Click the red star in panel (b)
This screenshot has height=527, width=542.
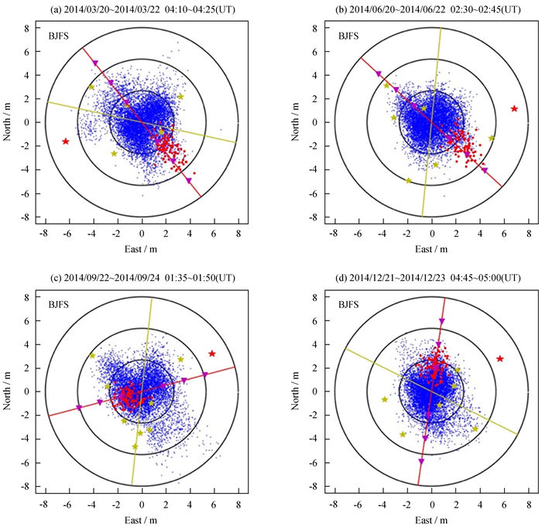(514, 108)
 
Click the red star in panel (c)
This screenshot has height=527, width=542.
(211, 354)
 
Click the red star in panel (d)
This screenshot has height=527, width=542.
(500, 358)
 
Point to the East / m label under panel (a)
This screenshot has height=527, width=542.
(142, 248)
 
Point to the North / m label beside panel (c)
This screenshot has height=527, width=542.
(10, 391)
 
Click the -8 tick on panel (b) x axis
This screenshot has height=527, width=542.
(334, 231)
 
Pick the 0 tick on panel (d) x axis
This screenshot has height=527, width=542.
(429, 500)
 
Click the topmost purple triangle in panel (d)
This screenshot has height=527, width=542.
(442, 321)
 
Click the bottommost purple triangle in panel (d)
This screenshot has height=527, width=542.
(421, 461)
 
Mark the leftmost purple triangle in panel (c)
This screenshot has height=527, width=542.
(79, 408)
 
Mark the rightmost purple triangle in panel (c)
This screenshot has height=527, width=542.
(204, 375)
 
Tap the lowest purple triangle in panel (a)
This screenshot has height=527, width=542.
(188, 180)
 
